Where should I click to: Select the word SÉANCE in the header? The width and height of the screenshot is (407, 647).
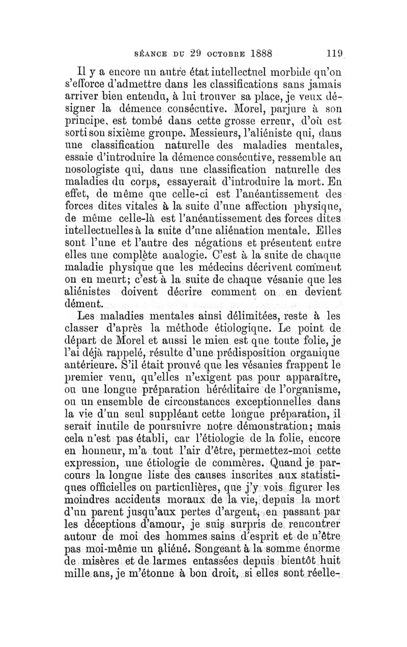coord(151,53)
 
